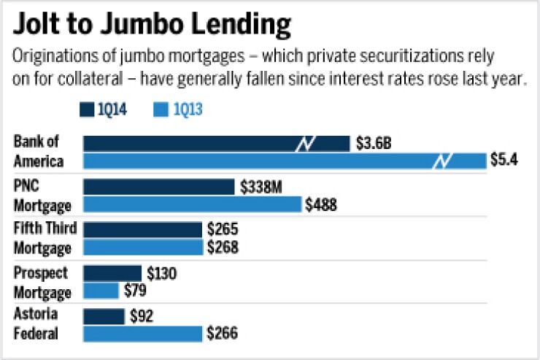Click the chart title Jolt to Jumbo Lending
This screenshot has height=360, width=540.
click(x=152, y=24)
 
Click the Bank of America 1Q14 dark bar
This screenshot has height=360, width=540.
click(x=216, y=143)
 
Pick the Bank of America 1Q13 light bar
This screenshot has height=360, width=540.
click(x=285, y=161)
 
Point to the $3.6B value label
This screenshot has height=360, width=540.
click(x=374, y=143)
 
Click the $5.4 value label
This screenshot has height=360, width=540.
click(x=504, y=161)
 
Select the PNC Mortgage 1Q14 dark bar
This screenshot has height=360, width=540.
click(x=159, y=187)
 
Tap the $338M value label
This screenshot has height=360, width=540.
click(x=261, y=187)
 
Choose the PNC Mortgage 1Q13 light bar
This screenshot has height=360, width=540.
click(x=192, y=204)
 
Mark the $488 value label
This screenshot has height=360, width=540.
click(x=321, y=204)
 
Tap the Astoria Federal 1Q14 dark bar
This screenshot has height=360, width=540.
click(x=104, y=317)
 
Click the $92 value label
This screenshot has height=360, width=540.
click(x=143, y=317)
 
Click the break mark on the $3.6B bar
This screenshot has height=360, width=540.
click(x=304, y=143)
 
